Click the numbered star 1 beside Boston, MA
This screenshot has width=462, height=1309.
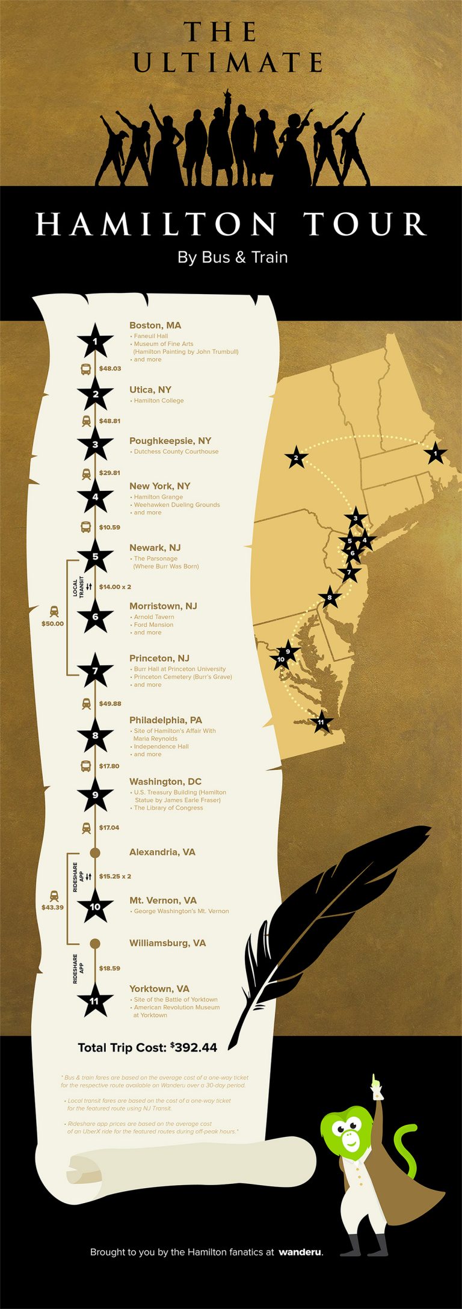(95, 342)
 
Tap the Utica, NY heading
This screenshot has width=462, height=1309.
(150, 390)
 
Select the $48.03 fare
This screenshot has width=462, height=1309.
(110, 369)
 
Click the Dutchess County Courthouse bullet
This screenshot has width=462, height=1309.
(176, 452)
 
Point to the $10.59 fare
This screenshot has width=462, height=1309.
(109, 528)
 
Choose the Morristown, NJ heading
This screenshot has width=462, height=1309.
(163, 606)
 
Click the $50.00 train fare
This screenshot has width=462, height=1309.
(52, 624)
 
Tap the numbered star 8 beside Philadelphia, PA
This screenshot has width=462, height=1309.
(95, 736)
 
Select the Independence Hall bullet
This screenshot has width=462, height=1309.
(161, 747)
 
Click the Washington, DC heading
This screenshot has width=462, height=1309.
(165, 782)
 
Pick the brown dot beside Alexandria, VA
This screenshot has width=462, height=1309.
(94, 852)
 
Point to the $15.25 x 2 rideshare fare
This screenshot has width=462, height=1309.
(115, 876)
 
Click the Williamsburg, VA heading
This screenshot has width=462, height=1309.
(167, 943)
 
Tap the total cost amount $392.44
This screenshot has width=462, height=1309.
(194, 1047)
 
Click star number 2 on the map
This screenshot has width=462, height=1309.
(296, 458)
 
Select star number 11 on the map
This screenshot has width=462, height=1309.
(321, 722)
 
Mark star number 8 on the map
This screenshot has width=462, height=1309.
(329, 598)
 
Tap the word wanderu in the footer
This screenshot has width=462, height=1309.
(300, 1252)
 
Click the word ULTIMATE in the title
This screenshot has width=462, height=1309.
(229, 63)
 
